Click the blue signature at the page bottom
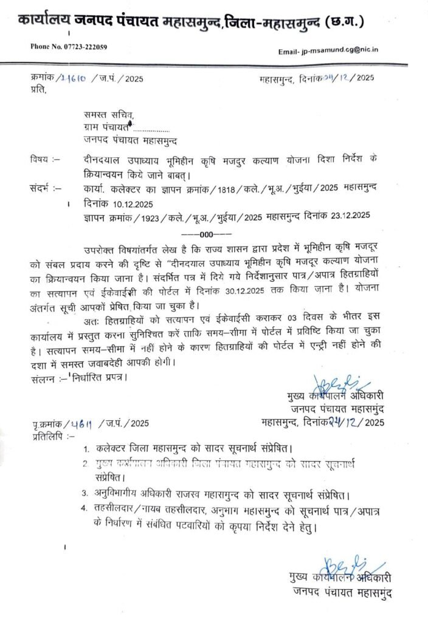tap(341, 563)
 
